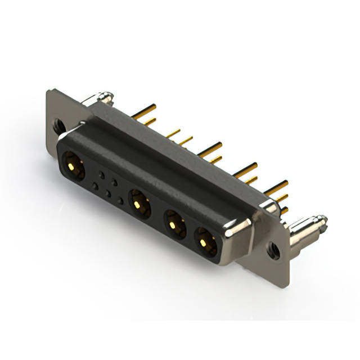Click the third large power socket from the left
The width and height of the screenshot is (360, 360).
pyautogui.click(x=174, y=224)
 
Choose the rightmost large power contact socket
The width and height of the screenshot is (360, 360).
pyautogui.click(x=205, y=241)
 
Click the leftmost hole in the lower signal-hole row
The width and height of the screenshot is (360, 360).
pyautogui.click(x=95, y=186)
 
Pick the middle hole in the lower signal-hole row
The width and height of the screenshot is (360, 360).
pyautogui.click(x=108, y=193)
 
